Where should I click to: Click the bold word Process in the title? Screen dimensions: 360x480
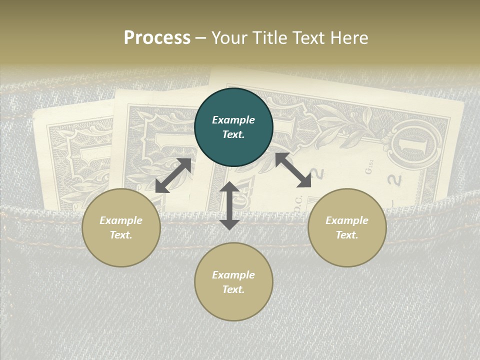pyautogui.click(x=157, y=38)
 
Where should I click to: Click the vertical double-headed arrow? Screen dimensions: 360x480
pyautogui.click(x=229, y=205)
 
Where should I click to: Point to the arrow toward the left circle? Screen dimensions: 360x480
pyautogui.click(x=173, y=175)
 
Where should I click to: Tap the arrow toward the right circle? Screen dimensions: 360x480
pyautogui.click(x=293, y=170)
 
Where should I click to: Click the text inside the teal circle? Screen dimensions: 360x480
pyautogui.click(x=233, y=127)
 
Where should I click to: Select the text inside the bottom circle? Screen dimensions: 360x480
pyautogui.click(x=233, y=282)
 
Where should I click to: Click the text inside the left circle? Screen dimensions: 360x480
pyautogui.click(x=121, y=227)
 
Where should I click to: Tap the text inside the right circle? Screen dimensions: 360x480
pyautogui.click(x=347, y=227)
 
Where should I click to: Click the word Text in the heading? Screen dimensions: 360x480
pyautogui.click(x=306, y=38)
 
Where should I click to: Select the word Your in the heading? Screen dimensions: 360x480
pyautogui.click(x=228, y=38)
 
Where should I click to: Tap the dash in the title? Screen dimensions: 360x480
pyautogui.click(x=201, y=38)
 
